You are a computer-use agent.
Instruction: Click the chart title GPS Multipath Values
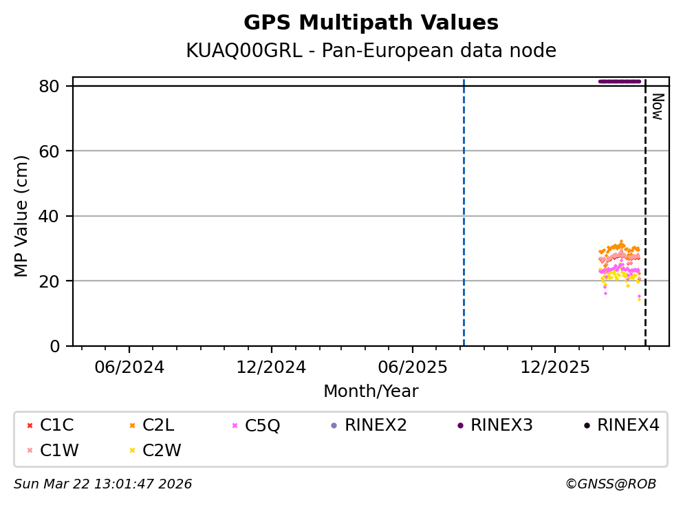371,23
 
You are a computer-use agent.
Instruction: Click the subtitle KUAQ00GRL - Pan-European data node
371,51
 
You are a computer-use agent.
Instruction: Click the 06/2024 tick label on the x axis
129,367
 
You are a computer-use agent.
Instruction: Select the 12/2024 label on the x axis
271,367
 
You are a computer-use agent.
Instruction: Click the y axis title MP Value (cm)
22,216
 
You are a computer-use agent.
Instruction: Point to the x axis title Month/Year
371,391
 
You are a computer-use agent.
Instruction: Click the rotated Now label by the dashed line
657,107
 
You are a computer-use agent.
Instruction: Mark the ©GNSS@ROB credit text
610,484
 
